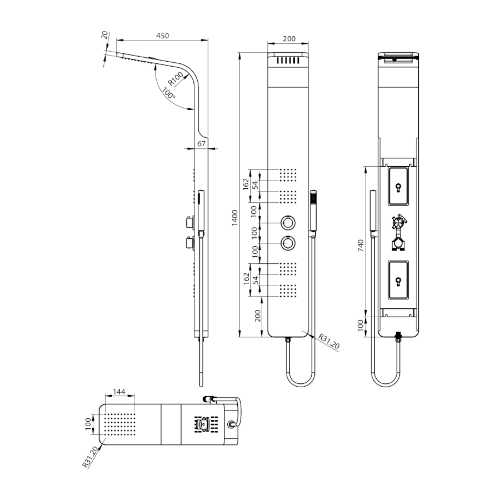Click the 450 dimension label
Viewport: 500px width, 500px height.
(162, 36)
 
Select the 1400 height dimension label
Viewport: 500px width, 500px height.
(235, 218)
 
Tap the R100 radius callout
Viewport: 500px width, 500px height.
(176, 79)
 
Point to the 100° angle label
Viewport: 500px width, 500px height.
(168, 93)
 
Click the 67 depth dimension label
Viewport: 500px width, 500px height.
(201, 144)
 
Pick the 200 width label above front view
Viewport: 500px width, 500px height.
(289, 38)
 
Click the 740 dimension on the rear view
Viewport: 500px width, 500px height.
(361, 246)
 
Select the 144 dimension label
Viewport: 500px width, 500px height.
(119, 392)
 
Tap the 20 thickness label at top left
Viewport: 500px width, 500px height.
(104, 35)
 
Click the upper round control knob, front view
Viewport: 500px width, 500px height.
(288, 223)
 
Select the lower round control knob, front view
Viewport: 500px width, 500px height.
(288, 244)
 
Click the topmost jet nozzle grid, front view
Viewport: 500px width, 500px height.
(288, 175)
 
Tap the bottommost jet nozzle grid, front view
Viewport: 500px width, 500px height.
(288, 291)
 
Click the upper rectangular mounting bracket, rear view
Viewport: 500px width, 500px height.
(398, 186)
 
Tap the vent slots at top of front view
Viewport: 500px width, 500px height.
(288, 61)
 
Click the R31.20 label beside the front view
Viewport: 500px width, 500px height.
(329, 341)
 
